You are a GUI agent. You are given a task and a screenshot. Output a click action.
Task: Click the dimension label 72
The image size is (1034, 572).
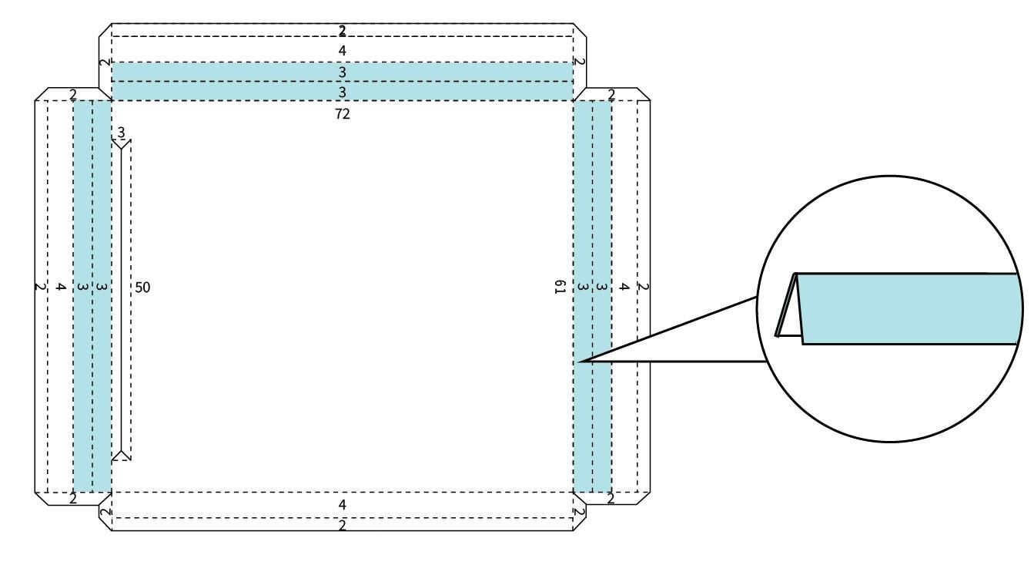[x=343, y=113]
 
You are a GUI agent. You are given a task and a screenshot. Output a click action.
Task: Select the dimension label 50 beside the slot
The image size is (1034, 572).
[x=142, y=288]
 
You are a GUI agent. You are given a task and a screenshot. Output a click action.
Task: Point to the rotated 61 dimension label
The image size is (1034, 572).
[x=560, y=287]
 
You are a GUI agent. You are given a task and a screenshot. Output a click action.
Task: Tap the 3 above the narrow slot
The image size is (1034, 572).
[x=121, y=133]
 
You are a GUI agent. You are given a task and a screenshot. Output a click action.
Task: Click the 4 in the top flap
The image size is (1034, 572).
[x=342, y=50]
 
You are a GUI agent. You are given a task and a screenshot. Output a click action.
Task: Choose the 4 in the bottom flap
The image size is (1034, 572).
[x=342, y=504]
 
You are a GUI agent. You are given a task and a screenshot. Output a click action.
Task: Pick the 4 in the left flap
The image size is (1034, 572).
[x=60, y=287]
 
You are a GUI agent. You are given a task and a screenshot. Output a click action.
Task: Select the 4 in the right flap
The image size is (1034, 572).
[x=624, y=287]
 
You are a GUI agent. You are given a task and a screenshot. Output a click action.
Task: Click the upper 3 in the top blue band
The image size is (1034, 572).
[x=342, y=72]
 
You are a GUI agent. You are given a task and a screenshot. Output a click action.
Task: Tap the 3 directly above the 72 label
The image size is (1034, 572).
[x=342, y=93]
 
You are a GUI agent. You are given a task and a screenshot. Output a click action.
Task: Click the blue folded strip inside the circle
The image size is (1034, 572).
[x=908, y=308]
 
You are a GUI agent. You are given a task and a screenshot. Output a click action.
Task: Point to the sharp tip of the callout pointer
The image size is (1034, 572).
[x=579, y=362]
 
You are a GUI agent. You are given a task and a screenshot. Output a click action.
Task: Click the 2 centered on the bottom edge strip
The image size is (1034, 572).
[x=342, y=525]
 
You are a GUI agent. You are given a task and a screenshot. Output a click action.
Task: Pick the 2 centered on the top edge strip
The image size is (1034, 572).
[x=342, y=31]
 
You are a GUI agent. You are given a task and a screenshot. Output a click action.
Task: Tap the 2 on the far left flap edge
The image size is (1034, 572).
[x=40, y=287]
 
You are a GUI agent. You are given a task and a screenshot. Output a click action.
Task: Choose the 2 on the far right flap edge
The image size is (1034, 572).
[x=643, y=287]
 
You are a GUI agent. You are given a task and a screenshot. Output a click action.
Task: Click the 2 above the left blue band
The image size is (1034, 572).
[x=73, y=95]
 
